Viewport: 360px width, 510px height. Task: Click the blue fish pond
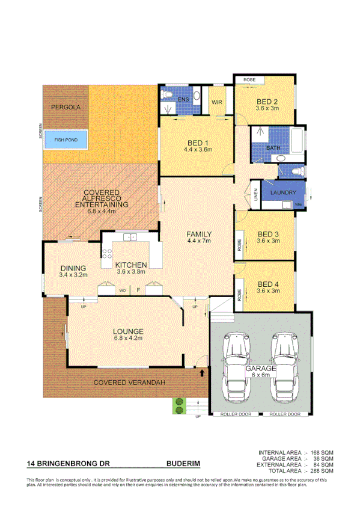67,140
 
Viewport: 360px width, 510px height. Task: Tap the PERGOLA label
66,107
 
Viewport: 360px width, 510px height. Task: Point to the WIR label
217,102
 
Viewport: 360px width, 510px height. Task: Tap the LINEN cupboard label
255,194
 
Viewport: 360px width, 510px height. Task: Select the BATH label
273,147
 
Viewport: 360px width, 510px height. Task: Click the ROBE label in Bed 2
249,80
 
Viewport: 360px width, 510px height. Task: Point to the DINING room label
73,268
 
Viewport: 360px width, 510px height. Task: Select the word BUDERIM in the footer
183,464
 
